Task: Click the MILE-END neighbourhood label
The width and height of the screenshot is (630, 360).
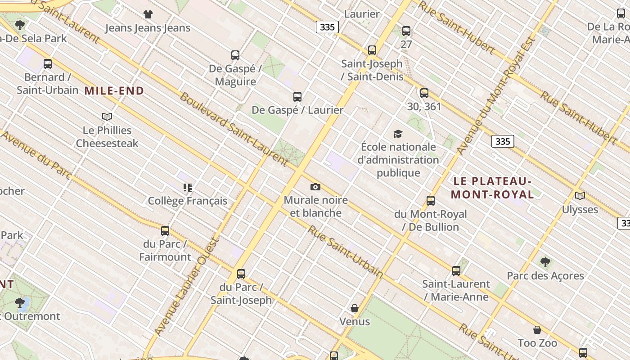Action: point(114,91)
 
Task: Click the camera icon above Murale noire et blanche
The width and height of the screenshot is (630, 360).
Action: point(315,187)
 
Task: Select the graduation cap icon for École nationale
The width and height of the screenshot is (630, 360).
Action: point(398,134)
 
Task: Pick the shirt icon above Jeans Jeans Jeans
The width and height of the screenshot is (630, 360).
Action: point(148,14)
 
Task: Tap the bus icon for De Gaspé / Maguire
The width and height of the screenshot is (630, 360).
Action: point(235,55)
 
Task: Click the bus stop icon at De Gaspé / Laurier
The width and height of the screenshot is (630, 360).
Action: point(297,97)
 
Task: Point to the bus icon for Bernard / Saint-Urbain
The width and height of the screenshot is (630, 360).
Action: point(48,64)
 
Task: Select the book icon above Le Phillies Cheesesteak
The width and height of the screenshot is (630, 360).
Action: point(107,117)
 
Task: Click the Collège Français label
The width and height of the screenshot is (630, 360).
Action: point(188,201)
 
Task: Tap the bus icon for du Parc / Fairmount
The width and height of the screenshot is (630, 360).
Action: point(165,231)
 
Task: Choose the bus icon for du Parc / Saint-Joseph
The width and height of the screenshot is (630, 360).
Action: point(241,274)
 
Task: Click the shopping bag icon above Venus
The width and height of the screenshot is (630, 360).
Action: point(355,308)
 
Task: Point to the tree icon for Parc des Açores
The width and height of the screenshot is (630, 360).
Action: point(545,262)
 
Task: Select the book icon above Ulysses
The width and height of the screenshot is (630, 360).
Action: point(580,196)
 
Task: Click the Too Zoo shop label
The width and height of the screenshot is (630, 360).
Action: point(537,343)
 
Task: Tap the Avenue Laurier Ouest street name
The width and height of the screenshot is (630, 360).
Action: point(186,286)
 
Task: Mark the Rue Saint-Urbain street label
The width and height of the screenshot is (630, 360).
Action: point(346,251)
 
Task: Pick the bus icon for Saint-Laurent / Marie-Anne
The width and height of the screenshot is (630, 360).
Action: point(456,270)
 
